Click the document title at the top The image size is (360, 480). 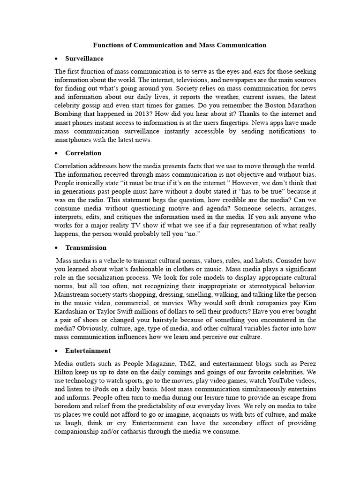coord(180,45)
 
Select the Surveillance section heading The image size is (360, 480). coord(84,59)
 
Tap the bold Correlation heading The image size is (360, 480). coord(83,153)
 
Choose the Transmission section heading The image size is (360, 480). coord(86,247)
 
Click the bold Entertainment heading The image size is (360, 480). coord(88,350)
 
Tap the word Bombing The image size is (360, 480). coord(68,114)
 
